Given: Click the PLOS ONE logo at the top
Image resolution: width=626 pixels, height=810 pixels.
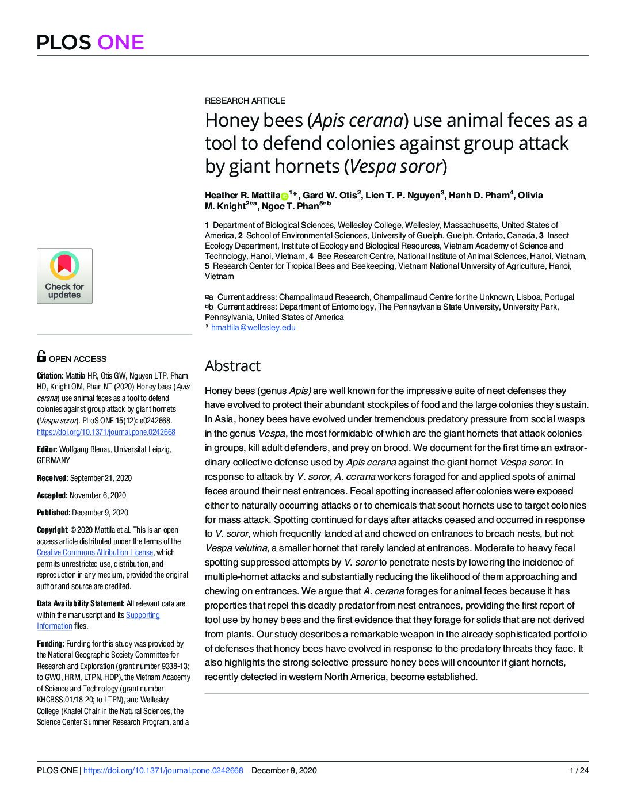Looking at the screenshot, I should [x=90, y=42].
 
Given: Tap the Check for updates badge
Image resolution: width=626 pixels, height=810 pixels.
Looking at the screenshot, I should [x=64, y=276].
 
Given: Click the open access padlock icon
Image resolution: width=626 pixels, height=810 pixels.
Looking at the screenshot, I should [x=41, y=356].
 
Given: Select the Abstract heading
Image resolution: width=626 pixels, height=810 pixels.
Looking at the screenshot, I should [x=232, y=366].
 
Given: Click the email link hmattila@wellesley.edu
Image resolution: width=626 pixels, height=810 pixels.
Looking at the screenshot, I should [x=253, y=327].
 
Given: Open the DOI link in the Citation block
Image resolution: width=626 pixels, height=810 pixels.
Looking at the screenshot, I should [x=106, y=432].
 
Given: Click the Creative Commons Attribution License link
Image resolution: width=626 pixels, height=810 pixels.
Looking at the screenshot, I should [x=95, y=552].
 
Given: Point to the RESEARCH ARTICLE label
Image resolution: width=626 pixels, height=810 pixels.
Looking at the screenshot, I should [x=245, y=101].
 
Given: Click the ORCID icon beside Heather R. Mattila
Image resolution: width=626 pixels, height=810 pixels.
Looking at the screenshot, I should [x=284, y=196].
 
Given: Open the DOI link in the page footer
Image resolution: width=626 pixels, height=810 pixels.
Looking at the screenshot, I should [x=163, y=770].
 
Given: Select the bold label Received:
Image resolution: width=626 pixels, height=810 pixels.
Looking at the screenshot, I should [x=52, y=478].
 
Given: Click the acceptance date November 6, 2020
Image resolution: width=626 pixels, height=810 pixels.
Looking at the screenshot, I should [x=98, y=495].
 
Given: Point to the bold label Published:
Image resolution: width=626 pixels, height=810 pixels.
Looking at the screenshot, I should [x=54, y=513].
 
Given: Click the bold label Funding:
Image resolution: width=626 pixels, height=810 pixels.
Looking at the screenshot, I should [x=51, y=644].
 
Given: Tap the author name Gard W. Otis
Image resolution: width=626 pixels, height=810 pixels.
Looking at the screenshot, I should [x=330, y=195].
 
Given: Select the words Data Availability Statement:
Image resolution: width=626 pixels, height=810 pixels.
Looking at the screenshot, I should [x=81, y=603].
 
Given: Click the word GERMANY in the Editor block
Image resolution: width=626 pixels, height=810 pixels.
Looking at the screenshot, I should [x=54, y=460].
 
